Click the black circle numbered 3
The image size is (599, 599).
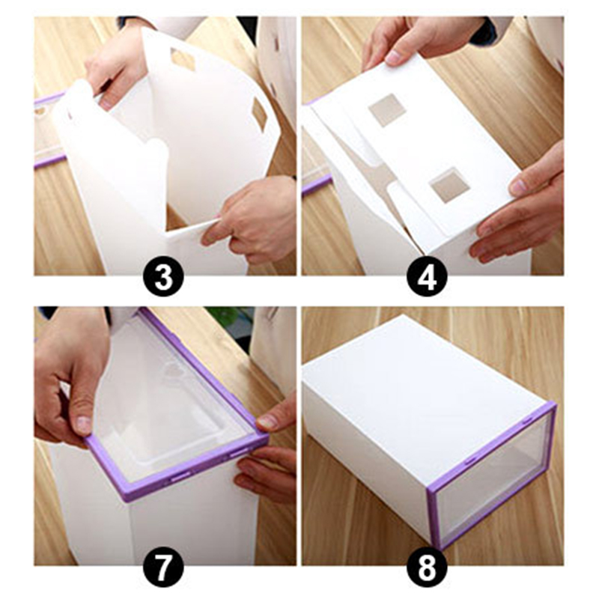point(164,277)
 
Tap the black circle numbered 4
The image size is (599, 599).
point(427,277)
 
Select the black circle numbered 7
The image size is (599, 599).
point(164,568)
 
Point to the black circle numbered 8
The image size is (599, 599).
point(427,568)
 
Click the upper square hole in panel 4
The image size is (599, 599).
point(387,110)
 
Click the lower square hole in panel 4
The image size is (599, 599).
point(450,185)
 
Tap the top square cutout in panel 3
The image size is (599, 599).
point(183,59)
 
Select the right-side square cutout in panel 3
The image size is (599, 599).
point(260,114)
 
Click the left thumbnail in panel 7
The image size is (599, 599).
point(83,423)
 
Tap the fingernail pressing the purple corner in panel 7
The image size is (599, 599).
point(267,422)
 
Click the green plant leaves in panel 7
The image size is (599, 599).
point(229,314)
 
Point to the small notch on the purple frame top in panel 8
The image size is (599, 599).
point(528,421)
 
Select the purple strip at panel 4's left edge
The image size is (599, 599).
point(316,184)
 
